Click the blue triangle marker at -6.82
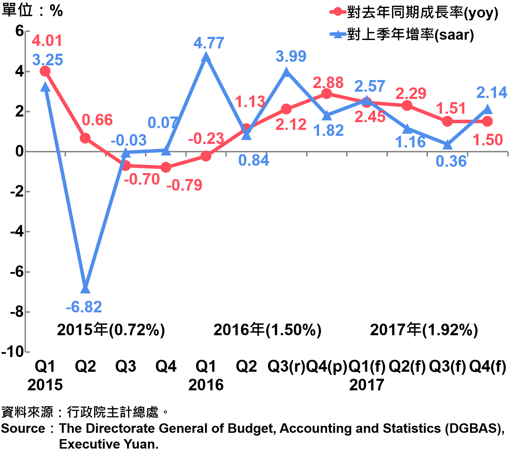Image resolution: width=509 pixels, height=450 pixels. [x=85, y=289]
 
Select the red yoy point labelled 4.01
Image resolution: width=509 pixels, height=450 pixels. [x=45, y=71]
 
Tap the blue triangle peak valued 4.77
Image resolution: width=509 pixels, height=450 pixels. [x=206, y=57]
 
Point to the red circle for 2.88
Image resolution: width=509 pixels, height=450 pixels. [x=326, y=94]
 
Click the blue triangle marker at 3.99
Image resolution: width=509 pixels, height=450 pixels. [x=286, y=72]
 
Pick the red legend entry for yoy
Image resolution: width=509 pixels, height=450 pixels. [x=414, y=13]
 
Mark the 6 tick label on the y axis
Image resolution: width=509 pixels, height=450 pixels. [x=19, y=31]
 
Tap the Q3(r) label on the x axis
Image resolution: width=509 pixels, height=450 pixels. [x=286, y=366]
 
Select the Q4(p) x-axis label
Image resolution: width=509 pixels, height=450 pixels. [x=326, y=366]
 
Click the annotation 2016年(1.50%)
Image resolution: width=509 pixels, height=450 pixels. [x=267, y=330]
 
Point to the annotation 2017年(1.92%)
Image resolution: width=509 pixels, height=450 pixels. [x=424, y=330]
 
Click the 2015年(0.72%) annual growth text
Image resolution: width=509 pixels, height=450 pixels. [x=111, y=330]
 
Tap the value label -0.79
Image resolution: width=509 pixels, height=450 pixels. [x=184, y=185]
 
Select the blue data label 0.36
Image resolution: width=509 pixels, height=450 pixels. [x=451, y=161]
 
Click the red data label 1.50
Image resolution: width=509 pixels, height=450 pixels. [x=488, y=140]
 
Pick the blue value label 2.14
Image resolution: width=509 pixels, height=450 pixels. [x=491, y=93]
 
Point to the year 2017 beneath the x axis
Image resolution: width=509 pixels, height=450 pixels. [x=366, y=385]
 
